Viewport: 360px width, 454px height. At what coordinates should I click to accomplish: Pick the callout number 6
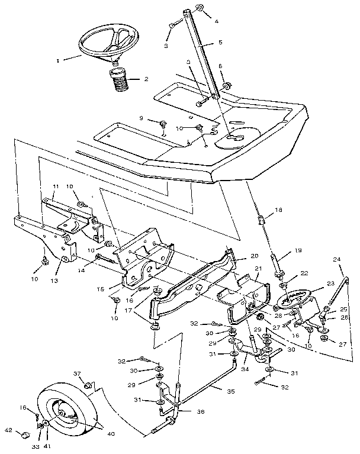pyautogui.click(x=220, y=67)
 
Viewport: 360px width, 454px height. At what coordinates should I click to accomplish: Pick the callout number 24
pyautogui.click(x=337, y=259)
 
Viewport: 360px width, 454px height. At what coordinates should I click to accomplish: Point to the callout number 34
pyautogui.click(x=245, y=369)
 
